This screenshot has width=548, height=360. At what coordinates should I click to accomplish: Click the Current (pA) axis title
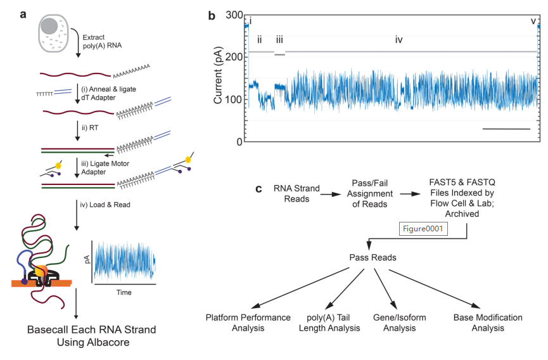(x=218, y=78)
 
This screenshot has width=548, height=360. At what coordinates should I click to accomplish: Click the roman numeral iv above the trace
(x=398, y=40)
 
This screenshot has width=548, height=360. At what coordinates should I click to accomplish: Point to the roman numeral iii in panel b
(x=279, y=40)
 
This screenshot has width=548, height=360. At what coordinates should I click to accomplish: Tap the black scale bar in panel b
(x=506, y=129)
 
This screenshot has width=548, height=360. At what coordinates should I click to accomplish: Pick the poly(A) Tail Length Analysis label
(x=329, y=323)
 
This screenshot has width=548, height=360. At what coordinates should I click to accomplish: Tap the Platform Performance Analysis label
(x=248, y=323)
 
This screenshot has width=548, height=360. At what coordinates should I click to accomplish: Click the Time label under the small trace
(x=123, y=293)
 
